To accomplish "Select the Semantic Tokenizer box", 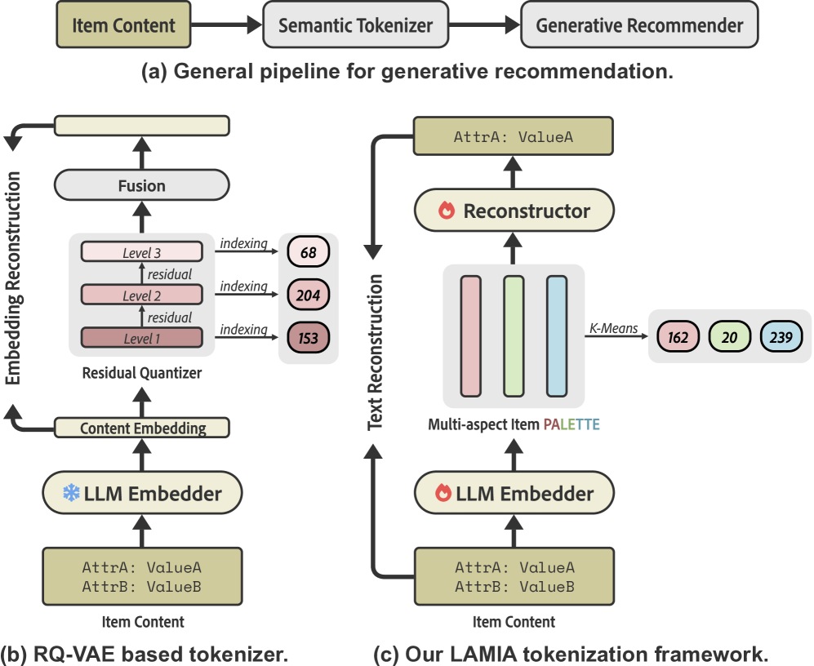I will pyautogui.click(x=355, y=24).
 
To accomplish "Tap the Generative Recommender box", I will pyautogui.click(x=639, y=24).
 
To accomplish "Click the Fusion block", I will pyautogui.click(x=141, y=185).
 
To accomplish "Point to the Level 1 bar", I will pyautogui.click(x=141, y=337).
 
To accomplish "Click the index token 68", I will pyautogui.click(x=308, y=252).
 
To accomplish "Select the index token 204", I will pyautogui.click(x=308, y=295).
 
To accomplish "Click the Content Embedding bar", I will pyautogui.click(x=142, y=428).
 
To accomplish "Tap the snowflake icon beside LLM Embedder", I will pyautogui.click(x=72, y=493).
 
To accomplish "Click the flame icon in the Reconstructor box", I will pyautogui.click(x=446, y=211).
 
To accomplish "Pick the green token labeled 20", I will pyautogui.click(x=729, y=336).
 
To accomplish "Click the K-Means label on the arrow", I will pyautogui.click(x=614, y=327).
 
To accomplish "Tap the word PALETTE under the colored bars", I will pyautogui.click(x=571, y=424).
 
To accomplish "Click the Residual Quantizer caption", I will pyautogui.click(x=142, y=374).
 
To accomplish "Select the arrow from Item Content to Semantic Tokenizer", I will pyautogui.click(x=225, y=24).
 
